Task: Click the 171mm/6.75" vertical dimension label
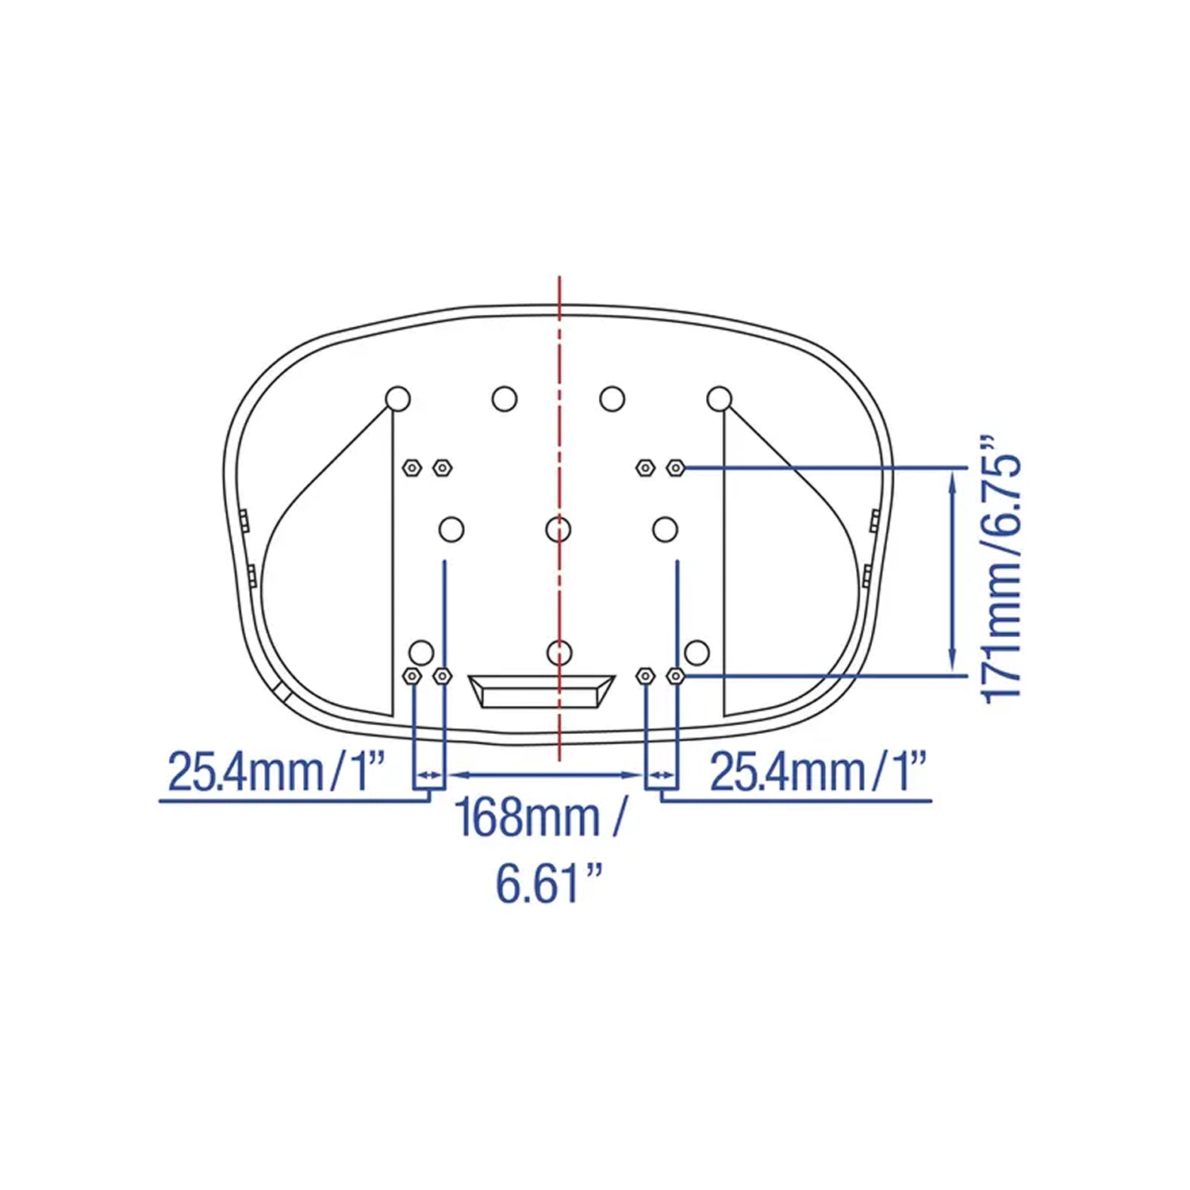1001,569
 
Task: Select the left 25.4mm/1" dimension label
277,771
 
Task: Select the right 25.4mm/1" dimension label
819,771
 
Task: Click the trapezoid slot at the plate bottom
542,691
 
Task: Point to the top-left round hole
397,398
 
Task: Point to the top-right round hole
719,398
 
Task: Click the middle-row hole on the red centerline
559,528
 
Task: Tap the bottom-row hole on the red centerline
559,652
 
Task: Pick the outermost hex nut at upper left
412,467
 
